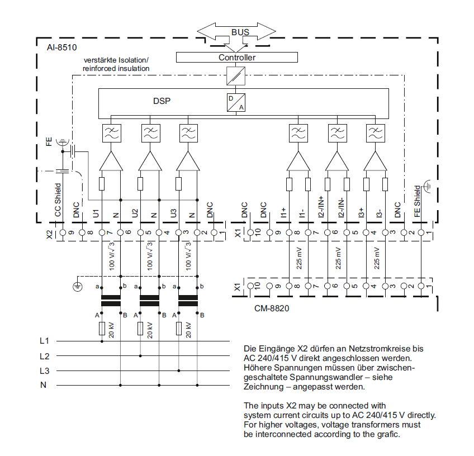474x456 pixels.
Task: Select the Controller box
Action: coord(237,58)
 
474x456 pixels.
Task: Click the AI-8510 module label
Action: coord(61,48)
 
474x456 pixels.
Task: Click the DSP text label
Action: coord(162,102)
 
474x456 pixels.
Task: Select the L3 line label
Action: coord(45,370)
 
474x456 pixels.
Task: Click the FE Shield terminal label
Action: coord(417,201)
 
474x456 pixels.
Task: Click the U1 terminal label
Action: coord(97,212)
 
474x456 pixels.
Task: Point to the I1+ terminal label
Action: coord(284,212)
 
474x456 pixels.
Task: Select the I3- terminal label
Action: coord(379,212)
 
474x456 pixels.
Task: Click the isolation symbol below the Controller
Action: coord(236,75)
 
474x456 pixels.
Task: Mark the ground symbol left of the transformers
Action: coord(78,287)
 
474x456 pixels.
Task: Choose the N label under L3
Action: coord(43,385)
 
